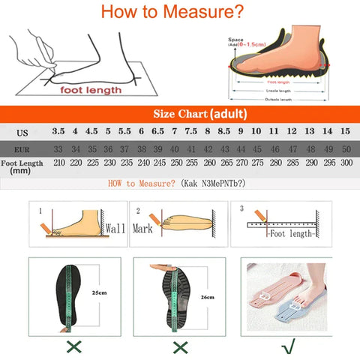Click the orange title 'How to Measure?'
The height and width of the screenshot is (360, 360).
(x=172, y=12)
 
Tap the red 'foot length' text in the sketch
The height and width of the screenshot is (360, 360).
(x=91, y=90)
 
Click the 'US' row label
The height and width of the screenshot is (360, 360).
(x=22, y=133)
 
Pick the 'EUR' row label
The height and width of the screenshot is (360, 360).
(x=22, y=148)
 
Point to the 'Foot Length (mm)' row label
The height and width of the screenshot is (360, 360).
(x=23, y=166)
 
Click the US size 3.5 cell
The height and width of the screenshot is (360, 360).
(x=57, y=132)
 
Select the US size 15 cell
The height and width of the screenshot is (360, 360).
(x=345, y=132)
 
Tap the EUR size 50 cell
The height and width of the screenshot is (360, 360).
(x=345, y=148)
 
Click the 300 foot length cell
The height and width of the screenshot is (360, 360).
(x=345, y=163)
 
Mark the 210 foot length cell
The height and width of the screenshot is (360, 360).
(x=57, y=163)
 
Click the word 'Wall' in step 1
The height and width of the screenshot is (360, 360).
(x=115, y=228)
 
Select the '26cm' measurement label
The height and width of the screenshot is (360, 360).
(x=208, y=297)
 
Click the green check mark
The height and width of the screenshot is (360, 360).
(x=288, y=347)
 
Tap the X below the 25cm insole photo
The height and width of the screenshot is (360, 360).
(x=74, y=347)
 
